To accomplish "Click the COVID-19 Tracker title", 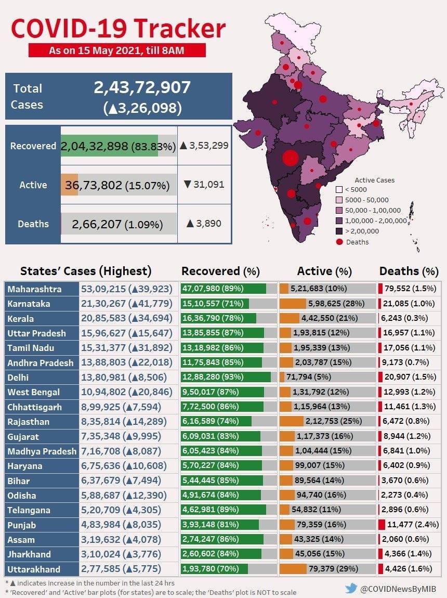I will coord(119,28).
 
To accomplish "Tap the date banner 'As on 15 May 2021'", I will coord(117,50).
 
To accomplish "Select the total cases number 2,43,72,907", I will coord(142,87).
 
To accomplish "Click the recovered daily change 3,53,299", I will coord(204,146).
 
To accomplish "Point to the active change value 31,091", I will coord(204,184).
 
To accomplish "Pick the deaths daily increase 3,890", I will coord(204,224).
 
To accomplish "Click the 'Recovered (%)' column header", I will coord(220,271).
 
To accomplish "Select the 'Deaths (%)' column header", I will coord(409,271).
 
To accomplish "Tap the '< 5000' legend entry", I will coord(356,190).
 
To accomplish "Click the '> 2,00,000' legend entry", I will coord(362,231).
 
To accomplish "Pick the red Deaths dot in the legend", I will coord(339,242).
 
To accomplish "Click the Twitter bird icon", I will coord(351,588).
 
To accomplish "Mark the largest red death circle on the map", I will coord(290,158).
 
